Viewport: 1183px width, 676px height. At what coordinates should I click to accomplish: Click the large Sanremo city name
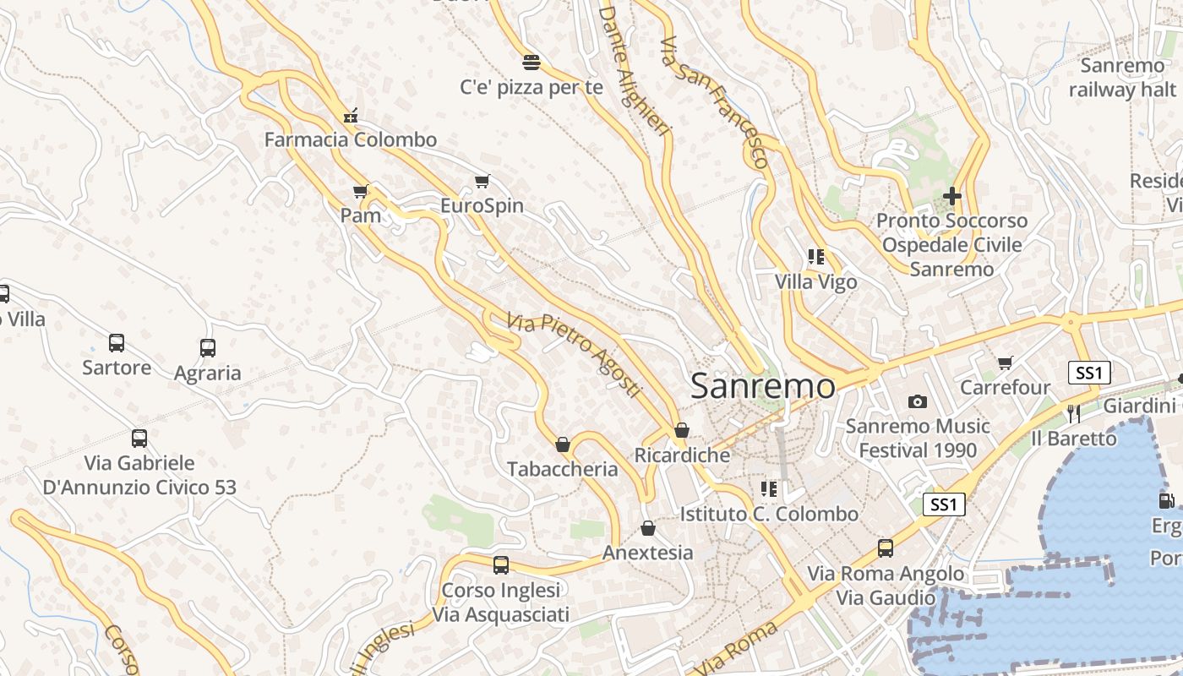763,386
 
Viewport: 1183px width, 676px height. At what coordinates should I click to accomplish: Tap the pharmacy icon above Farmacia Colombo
351,116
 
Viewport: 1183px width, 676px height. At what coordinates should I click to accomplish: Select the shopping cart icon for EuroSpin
482,181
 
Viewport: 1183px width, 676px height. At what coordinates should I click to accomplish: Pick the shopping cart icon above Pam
361,192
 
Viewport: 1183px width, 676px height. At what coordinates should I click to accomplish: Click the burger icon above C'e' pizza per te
532,62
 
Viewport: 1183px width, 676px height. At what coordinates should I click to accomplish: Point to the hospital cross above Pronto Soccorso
952,196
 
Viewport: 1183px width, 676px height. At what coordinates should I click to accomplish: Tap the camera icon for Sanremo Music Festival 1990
918,401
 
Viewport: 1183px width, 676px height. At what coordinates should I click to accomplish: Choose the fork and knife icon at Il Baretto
1074,413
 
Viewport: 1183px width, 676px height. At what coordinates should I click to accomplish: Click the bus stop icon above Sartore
117,343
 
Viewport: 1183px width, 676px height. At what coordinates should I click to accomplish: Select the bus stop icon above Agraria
208,348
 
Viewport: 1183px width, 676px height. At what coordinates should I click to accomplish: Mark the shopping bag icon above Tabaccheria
563,444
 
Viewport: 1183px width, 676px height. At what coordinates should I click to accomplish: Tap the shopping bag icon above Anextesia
648,528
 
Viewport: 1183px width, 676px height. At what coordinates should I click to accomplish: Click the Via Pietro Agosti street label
574,355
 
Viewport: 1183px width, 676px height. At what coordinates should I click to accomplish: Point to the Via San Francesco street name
714,101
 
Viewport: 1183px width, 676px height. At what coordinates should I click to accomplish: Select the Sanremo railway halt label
1122,78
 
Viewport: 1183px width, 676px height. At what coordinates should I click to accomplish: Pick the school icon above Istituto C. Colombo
769,489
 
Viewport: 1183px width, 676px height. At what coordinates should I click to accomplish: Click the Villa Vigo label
816,281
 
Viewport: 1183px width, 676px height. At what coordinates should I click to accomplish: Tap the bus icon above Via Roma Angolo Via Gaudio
886,548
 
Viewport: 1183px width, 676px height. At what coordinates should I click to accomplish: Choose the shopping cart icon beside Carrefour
1005,363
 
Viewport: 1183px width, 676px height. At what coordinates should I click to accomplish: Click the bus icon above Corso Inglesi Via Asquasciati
501,564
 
